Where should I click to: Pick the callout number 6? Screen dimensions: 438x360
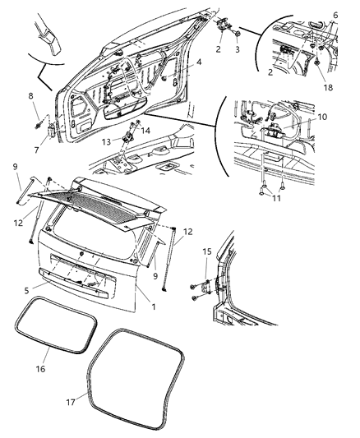(335, 15)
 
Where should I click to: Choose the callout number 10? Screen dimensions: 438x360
(322, 117)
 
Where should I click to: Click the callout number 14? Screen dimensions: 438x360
(146, 130)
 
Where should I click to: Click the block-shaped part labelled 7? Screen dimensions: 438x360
(52, 130)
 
